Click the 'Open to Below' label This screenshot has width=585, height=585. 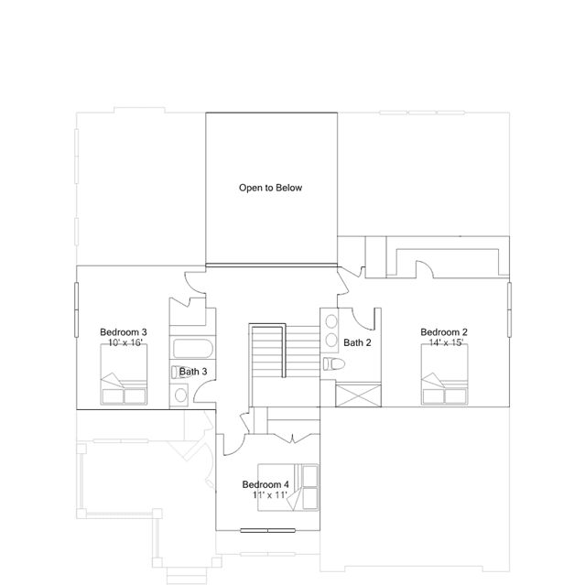270,188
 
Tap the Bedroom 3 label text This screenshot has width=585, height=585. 124,332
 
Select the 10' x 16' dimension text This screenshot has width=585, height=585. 125,342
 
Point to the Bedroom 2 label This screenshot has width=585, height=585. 444,332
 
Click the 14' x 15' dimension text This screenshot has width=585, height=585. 446,342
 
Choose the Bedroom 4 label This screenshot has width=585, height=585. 265,484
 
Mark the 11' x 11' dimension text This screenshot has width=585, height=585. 270,495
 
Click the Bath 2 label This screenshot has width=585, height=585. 357,342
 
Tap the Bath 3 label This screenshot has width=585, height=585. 193,372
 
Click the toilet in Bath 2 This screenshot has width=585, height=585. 334,363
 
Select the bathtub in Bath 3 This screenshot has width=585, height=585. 193,349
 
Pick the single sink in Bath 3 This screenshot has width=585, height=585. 181,395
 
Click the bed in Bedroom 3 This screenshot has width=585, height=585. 124,374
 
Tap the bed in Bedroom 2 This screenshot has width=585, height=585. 445,374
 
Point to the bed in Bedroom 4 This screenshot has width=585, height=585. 288,487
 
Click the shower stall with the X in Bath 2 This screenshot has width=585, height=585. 358,395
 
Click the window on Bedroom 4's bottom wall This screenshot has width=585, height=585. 268,530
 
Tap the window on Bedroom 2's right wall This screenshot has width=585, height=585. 509,309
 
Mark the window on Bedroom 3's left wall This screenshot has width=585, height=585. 77,309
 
